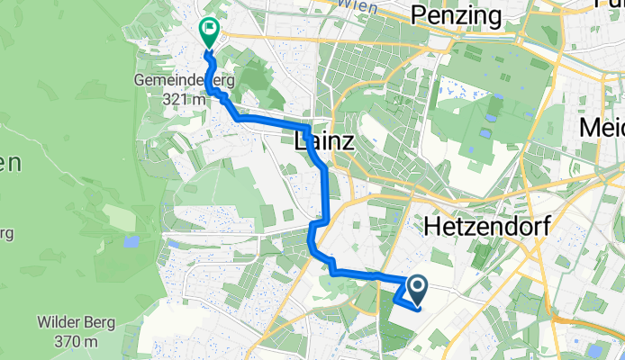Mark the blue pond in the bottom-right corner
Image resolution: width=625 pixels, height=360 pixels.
(594, 350)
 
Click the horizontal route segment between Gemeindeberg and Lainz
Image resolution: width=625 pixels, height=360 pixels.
(270, 120)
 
